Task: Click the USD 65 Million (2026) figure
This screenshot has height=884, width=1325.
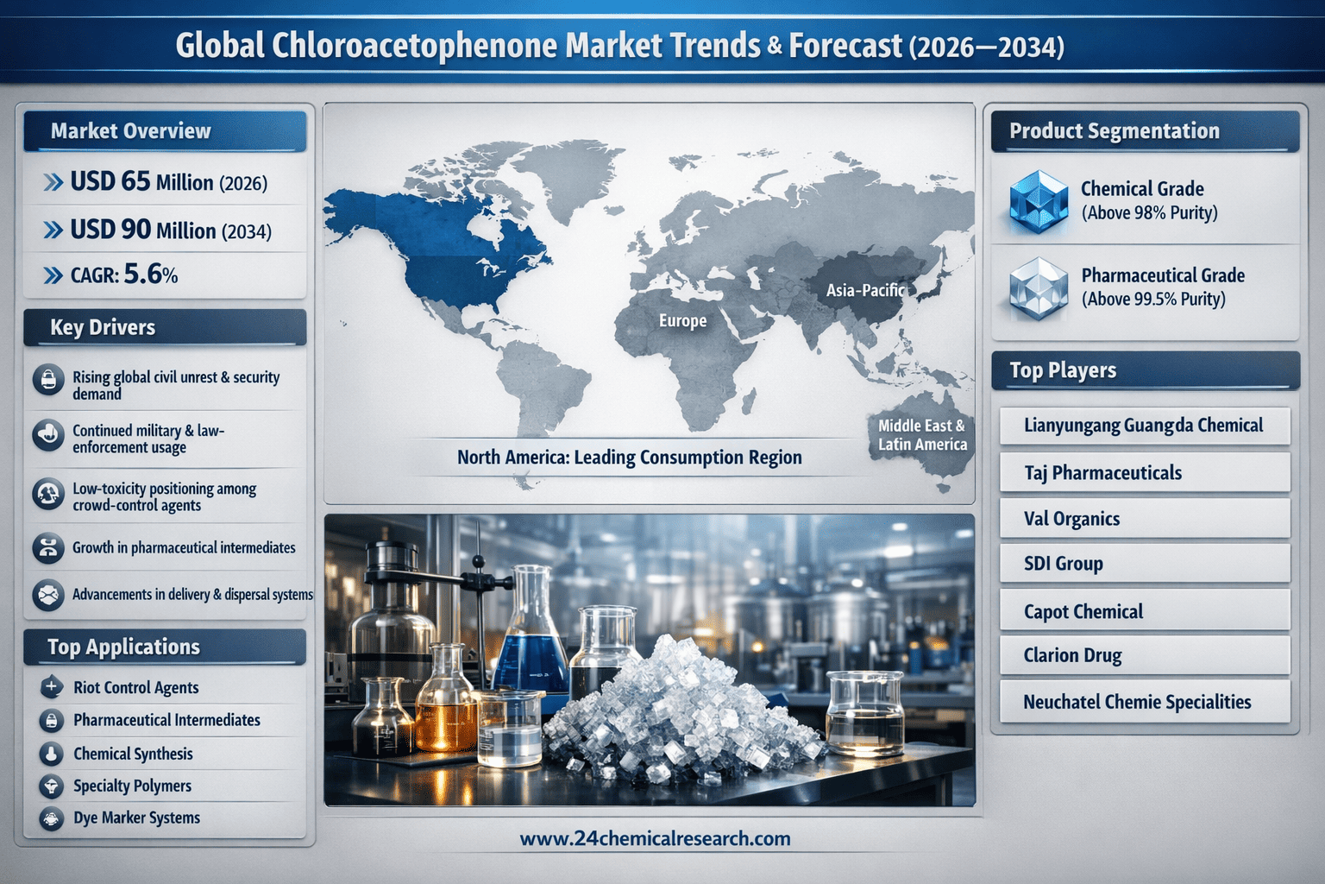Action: [x=168, y=182]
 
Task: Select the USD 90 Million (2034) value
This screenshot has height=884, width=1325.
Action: [x=170, y=230]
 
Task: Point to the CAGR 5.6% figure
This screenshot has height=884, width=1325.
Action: [x=123, y=275]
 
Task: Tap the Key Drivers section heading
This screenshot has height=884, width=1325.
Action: [x=103, y=327]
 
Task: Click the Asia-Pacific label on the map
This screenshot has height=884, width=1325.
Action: [x=865, y=290]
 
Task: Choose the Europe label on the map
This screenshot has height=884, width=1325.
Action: [x=682, y=321]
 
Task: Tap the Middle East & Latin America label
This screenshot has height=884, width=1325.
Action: [x=922, y=434]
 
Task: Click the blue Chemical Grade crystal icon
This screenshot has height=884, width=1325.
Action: [x=1038, y=201]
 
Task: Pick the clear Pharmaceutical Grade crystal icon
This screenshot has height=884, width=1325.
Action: [x=1038, y=288]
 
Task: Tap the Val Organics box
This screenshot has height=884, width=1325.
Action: [x=1145, y=518]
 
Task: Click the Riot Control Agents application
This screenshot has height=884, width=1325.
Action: [x=135, y=687]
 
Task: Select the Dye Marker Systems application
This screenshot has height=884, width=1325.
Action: [x=136, y=818]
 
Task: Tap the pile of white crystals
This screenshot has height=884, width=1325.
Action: [x=681, y=710]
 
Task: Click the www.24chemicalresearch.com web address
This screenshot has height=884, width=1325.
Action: [x=655, y=838]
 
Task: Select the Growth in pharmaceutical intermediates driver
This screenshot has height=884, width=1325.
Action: [x=184, y=547]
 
